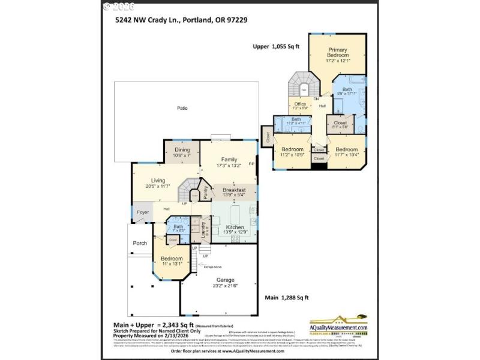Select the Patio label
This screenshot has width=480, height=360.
tap(182, 109)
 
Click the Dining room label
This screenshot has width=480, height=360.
tap(182, 150)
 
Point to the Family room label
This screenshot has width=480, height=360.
tap(228, 159)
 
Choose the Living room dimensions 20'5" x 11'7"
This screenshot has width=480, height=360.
tap(158, 186)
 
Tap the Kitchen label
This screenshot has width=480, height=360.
tap(234, 227)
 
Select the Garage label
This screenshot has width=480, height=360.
tap(226, 280)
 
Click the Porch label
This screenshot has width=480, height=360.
tap(139, 243)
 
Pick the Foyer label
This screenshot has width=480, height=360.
tap(142, 212)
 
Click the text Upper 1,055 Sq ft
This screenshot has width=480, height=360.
tap(277, 46)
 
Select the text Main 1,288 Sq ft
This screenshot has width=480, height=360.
tap(286, 298)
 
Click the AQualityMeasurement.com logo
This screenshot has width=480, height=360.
tap(338, 324)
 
